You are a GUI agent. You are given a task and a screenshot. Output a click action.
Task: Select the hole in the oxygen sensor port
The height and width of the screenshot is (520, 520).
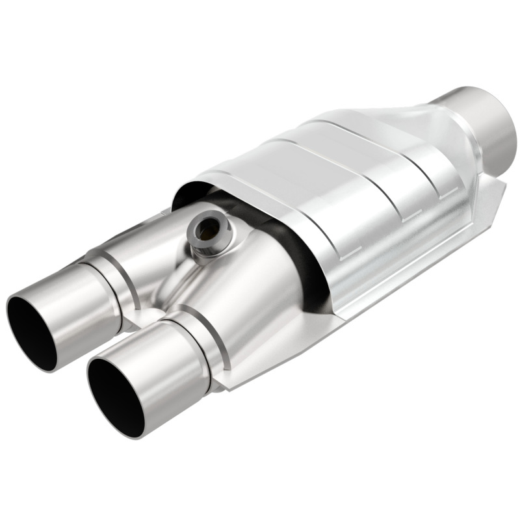208,228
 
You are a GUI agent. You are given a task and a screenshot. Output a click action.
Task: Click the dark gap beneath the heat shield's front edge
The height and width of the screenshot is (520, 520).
296,260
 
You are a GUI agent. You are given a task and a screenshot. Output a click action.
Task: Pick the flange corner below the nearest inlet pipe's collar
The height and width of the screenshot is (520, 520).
224,383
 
